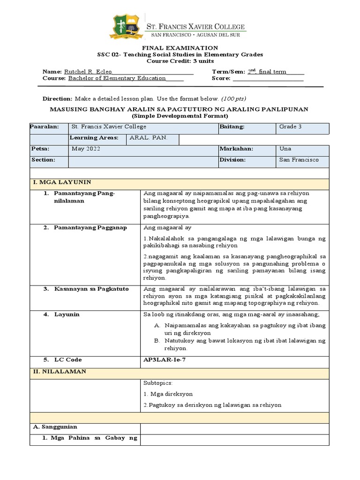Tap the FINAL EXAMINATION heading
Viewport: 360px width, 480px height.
point(180,48)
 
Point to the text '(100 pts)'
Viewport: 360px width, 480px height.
point(233,99)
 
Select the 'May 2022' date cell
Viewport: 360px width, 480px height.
point(86,149)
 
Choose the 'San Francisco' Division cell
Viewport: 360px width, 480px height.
point(299,160)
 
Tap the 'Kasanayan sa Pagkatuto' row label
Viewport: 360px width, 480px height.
point(91,289)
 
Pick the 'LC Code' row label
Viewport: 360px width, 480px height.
point(68,360)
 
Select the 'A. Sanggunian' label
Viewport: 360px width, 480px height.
point(55,427)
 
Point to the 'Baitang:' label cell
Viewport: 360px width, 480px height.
point(232,127)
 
